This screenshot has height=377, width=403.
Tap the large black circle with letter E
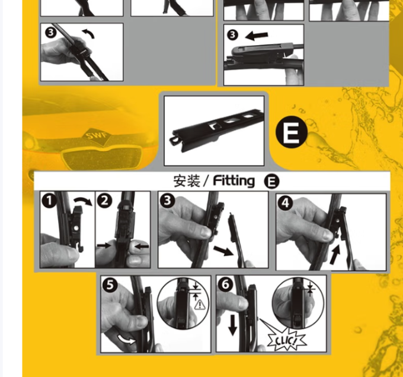(292, 132)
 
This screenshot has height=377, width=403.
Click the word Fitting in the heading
(234, 181)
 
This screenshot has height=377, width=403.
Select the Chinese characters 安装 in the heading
(187, 180)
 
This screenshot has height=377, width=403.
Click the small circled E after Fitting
(271, 181)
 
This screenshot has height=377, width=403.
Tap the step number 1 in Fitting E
(49, 201)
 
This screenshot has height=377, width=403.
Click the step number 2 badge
(104, 201)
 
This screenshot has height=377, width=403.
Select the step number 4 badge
(285, 203)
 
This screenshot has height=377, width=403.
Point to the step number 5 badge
(110, 285)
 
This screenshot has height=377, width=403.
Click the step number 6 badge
(225, 284)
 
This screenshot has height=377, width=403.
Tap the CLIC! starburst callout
(286, 341)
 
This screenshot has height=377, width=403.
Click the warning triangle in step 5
(200, 305)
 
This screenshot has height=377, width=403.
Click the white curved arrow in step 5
(126, 340)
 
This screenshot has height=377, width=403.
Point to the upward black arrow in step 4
(335, 255)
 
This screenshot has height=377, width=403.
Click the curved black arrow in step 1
(83, 201)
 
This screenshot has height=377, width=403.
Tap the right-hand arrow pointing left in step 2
(142, 246)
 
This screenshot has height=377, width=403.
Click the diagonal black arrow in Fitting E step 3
(223, 251)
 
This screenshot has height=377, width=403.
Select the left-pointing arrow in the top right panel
(257, 36)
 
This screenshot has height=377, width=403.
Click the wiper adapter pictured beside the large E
(216, 129)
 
